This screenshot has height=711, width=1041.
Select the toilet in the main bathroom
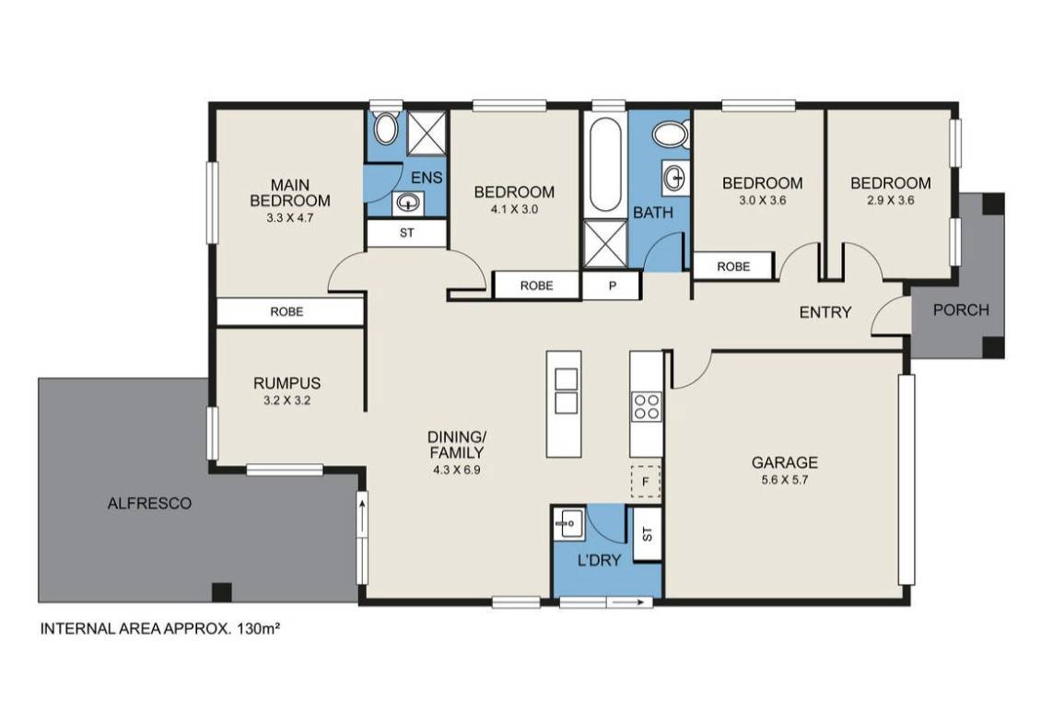coord(672,134)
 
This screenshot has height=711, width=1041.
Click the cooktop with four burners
coord(646,406)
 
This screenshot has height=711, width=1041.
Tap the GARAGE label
coord(784,462)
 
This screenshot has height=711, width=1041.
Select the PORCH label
coord(961,310)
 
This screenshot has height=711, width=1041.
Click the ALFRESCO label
coord(149,503)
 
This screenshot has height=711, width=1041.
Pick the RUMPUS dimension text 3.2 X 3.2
coord(287,401)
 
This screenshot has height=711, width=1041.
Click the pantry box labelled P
coord(612,286)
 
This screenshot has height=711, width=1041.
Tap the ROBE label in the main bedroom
coord(287,311)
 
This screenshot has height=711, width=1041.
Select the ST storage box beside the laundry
coord(648,534)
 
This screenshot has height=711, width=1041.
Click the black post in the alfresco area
coord(222,591)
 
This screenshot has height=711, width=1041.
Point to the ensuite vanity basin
coord(407,203)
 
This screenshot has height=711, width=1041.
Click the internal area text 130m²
coord(255,627)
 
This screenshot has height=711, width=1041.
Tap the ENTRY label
coord(825,312)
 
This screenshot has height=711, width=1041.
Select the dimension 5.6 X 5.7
coord(785,479)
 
